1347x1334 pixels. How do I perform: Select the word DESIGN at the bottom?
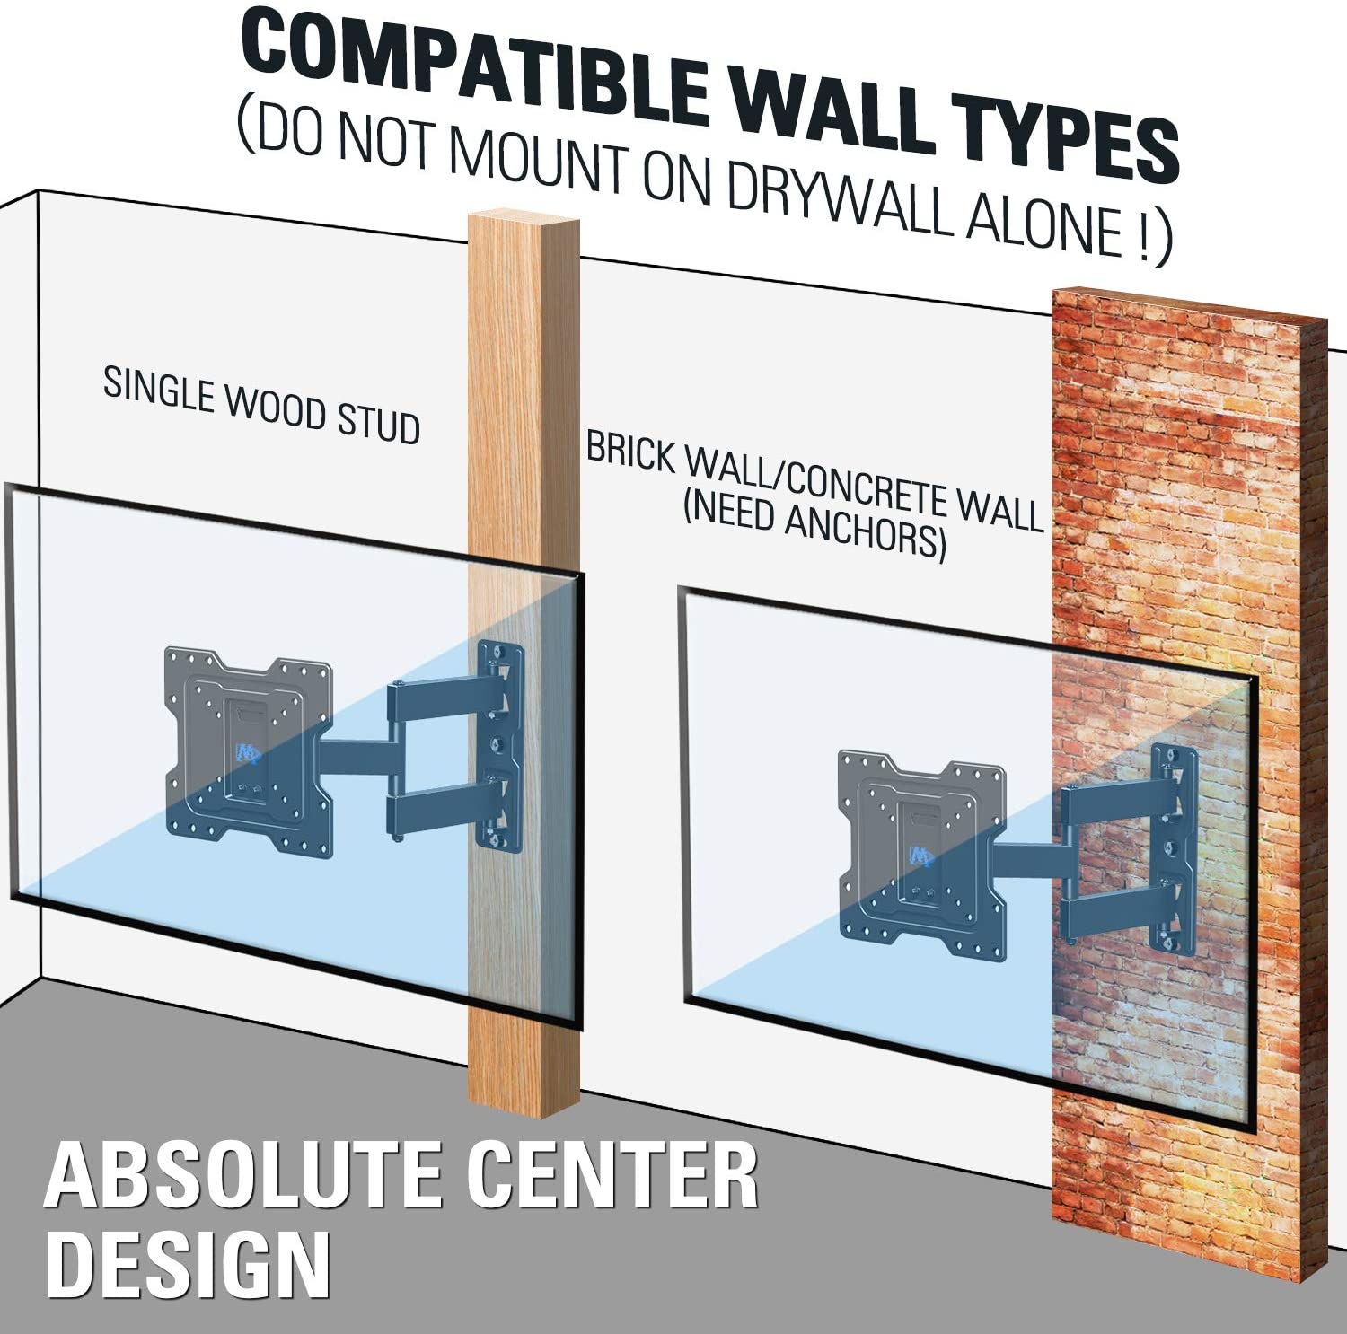coord(188,1265)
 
